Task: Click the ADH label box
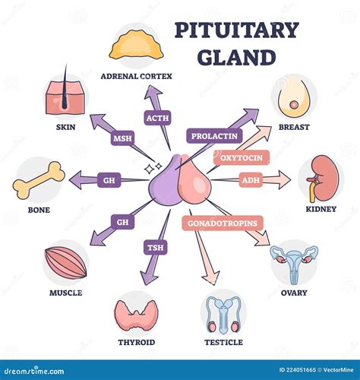(250, 180)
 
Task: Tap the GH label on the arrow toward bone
(109, 180)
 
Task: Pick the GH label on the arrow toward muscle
(122, 222)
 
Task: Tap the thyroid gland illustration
(136, 312)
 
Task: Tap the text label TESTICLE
(224, 342)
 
